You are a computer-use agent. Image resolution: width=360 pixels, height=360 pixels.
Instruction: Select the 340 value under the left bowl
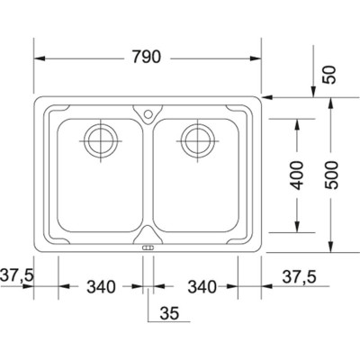click(x=101, y=287)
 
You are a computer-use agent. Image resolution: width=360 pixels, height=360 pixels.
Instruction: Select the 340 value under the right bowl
click(x=203, y=287)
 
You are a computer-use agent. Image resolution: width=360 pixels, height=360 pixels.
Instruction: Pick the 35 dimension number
click(x=168, y=315)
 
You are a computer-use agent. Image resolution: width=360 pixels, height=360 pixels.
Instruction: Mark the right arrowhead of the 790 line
click(x=258, y=58)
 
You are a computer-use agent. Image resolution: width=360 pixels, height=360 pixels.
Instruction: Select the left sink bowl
click(x=96, y=180)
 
